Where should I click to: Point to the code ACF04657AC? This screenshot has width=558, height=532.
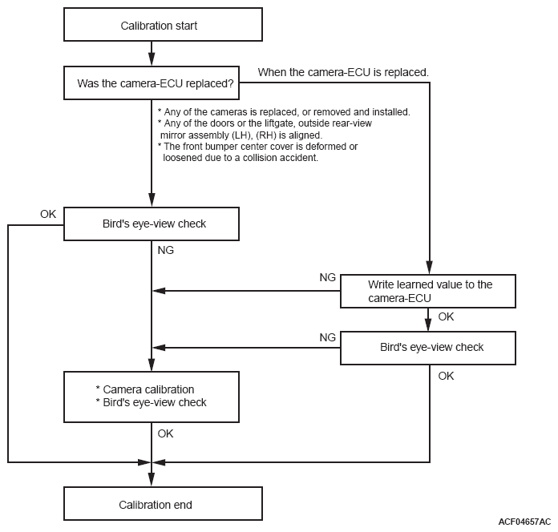524,522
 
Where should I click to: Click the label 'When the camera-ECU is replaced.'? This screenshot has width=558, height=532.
343,72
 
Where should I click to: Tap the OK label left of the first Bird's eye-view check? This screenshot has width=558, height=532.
48,214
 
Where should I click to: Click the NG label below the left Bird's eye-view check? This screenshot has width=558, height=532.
165,250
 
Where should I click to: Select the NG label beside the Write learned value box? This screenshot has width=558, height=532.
327,277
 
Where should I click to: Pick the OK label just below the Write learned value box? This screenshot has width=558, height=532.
446,316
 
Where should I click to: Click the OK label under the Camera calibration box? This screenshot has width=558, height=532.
165,433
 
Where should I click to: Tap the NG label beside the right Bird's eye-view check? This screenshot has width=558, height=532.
327,337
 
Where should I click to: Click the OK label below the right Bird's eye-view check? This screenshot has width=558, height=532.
446,376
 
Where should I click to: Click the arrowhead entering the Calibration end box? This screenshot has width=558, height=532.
152,480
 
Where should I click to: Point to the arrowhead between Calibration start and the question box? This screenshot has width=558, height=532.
152,59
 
